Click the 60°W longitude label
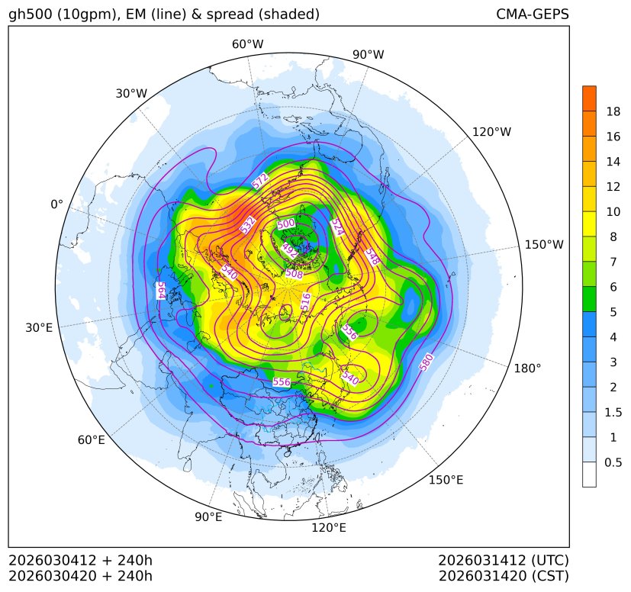click(x=247, y=44)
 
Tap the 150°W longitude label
click(x=544, y=244)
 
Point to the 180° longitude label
click(x=527, y=368)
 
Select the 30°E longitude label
click(x=39, y=328)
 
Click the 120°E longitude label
click(x=329, y=527)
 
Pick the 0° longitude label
click(x=56, y=204)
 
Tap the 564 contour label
click(x=161, y=290)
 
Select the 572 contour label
click(x=260, y=181)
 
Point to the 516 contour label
click(x=306, y=301)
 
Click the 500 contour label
click(x=285, y=224)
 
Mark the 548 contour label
click(x=372, y=256)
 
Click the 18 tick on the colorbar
click(x=613, y=111)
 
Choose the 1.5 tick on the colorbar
click(x=613, y=412)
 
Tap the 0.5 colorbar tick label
click(x=613, y=462)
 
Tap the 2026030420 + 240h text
click(x=81, y=575)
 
